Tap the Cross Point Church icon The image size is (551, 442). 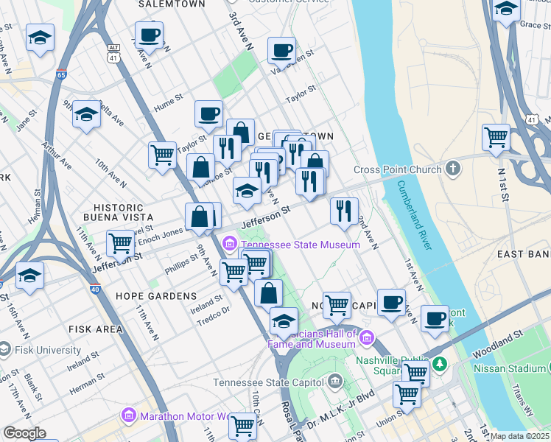pyautogui.click(x=453, y=169)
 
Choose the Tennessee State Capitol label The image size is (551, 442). pyautogui.click(x=268, y=382)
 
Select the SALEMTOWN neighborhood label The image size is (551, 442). pyautogui.click(x=172, y=4)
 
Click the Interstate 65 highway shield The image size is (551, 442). pyautogui.click(x=60, y=74)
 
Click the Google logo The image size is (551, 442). pyautogui.click(x=24, y=433)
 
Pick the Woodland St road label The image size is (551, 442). pyautogui.click(x=499, y=336)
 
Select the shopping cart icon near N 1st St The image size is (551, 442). pyautogui.click(x=496, y=136)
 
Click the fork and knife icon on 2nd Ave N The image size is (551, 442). pyautogui.click(x=344, y=211)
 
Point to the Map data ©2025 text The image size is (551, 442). pyautogui.click(x=520, y=436)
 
